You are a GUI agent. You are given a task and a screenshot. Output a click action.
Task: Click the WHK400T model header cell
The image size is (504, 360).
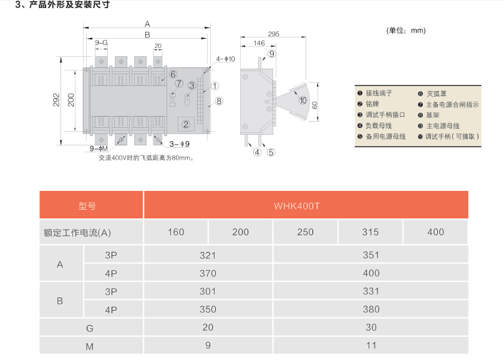(x=306, y=205)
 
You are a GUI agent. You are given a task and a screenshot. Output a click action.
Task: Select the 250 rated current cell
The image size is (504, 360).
(x=306, y=232)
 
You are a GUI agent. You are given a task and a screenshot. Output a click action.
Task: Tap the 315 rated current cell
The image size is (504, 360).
(x=371, y=232)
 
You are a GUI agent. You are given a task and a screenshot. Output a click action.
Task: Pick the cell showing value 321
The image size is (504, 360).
(x=208, y=255)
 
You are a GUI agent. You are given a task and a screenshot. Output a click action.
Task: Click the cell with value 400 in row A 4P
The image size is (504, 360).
(x=371, y=273)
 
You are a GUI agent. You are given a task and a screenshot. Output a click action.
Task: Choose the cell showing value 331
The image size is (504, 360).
(x=371, y=291)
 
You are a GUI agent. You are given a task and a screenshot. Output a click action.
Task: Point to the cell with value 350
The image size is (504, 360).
(x=208, y=309)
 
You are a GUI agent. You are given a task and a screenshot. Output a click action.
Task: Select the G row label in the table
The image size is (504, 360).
(x=91, y=328)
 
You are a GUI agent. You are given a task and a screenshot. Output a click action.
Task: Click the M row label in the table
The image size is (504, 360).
(x=91, y=345)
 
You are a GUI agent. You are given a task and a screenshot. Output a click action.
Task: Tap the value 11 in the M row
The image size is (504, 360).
(x=371, y=345)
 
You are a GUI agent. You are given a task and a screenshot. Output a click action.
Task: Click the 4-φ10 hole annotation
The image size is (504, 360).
(x=225, y=59)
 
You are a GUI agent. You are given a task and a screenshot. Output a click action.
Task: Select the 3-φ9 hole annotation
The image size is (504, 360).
(x=179, y=144)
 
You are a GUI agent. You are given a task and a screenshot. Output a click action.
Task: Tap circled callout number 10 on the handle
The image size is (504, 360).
(x=303, y=100)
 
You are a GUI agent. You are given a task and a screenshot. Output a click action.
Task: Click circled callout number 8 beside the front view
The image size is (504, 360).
(x=219, y=100)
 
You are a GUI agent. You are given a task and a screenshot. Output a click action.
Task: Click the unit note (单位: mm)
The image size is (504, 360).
(x=406, y=30)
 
